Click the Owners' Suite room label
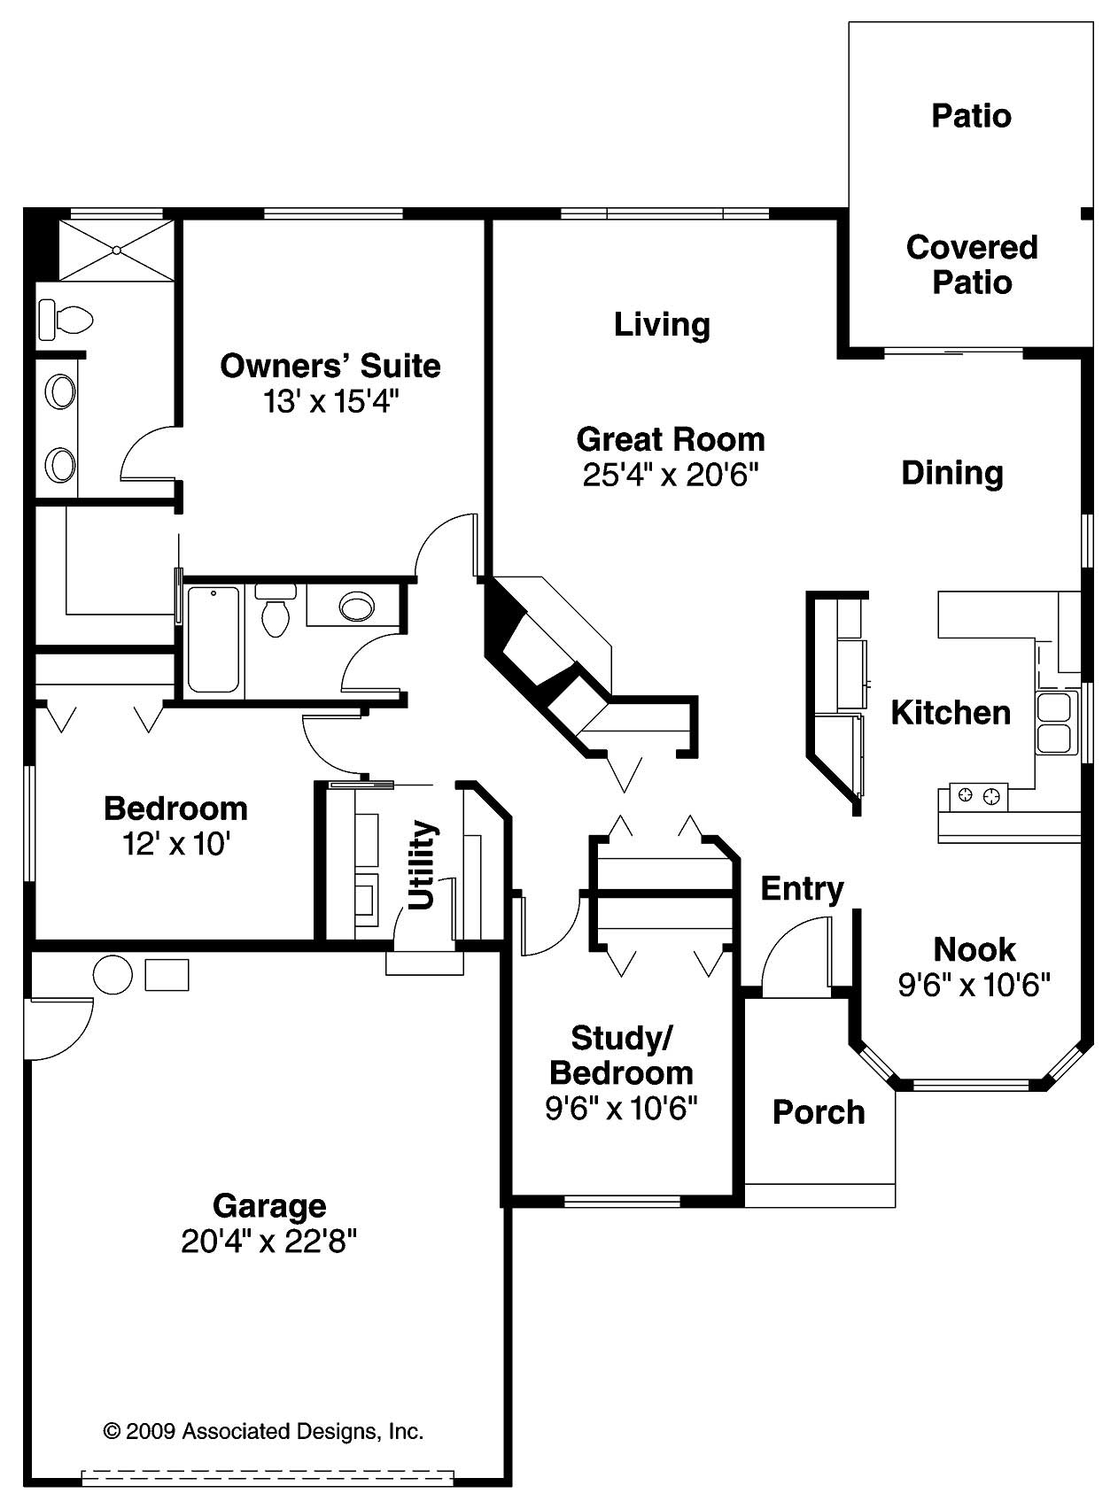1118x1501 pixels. [330, 366]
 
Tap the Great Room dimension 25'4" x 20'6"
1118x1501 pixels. [671, 476]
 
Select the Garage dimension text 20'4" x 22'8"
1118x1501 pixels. [268, 1242]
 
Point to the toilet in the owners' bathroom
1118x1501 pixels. [65, 321]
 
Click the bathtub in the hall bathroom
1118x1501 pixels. [214, 638]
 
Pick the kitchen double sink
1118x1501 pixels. [1054, 723]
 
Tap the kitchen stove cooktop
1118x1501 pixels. [979, 795]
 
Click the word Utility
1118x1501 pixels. [423, 864]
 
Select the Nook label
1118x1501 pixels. [974, 949]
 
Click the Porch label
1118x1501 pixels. [819, 1111]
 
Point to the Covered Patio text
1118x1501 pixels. [971, 264]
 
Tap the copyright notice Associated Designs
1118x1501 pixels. [263, 1430]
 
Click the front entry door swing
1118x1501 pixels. [795, 955]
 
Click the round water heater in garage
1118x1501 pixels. [113, 974]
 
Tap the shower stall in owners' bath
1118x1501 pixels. [116, 251]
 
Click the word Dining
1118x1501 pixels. [951, 472]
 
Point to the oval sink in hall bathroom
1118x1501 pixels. [358, 607]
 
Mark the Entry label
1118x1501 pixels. [802, 888]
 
